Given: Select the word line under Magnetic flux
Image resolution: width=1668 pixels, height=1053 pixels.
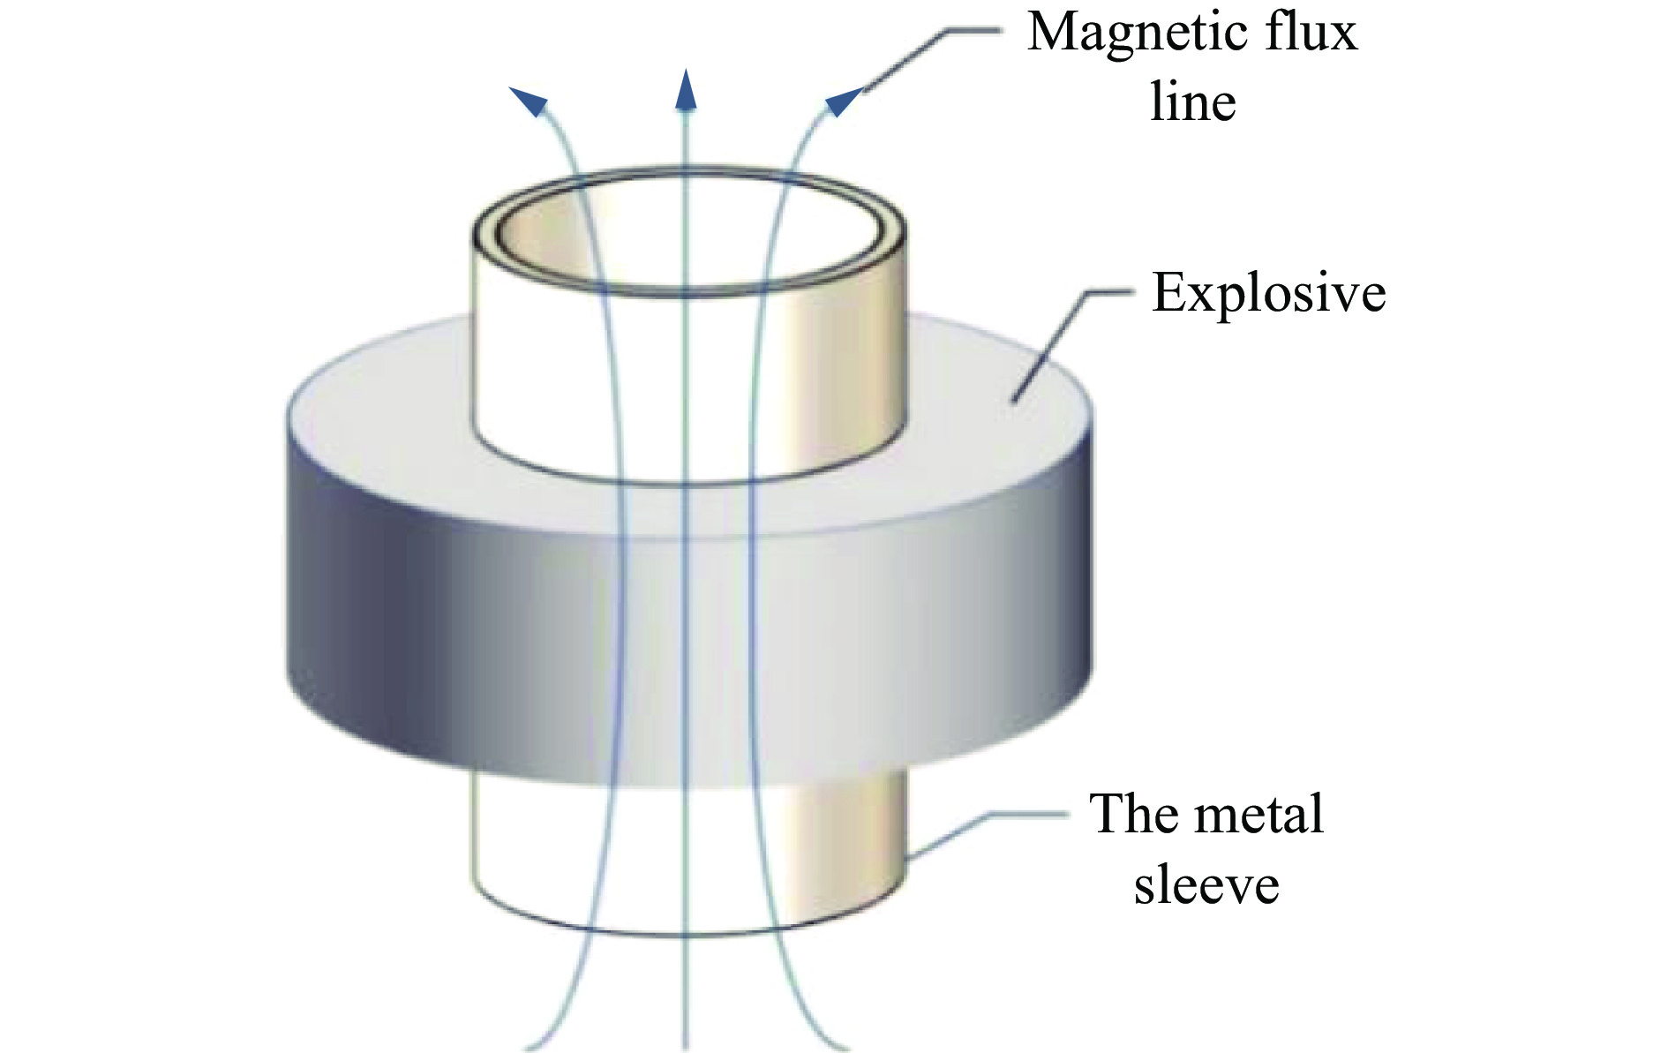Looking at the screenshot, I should (x=1192, y=102).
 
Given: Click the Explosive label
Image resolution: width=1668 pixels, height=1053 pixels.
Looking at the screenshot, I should (x=1268, y=293).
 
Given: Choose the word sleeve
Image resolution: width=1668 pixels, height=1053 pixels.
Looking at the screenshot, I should (x=1206, y=884).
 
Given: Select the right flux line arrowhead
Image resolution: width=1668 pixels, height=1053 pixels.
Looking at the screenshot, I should (x=841, y=101).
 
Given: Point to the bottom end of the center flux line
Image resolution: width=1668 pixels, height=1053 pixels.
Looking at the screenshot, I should (x=685, y=1047).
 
